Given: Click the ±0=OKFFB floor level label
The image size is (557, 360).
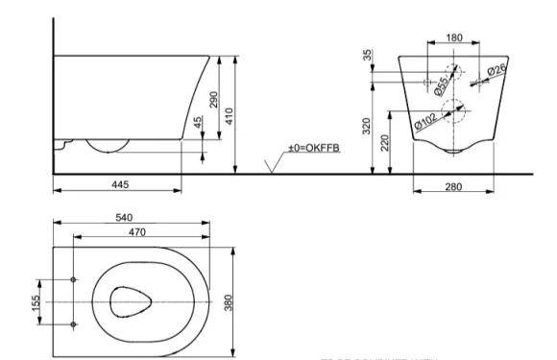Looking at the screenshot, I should [x=313, y=150].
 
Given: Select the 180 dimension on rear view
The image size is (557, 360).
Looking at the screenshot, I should [x=455, y=38].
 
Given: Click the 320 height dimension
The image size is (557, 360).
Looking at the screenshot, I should [x=367, y=127].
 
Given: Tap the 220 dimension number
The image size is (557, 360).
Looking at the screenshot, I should [x=384, y=143].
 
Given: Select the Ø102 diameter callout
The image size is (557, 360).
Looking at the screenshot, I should [x=426, y=122].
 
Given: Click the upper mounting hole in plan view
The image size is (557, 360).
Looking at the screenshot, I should [x=73, y=281].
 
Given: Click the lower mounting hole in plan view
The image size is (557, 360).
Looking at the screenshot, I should [x=73, y=324].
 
